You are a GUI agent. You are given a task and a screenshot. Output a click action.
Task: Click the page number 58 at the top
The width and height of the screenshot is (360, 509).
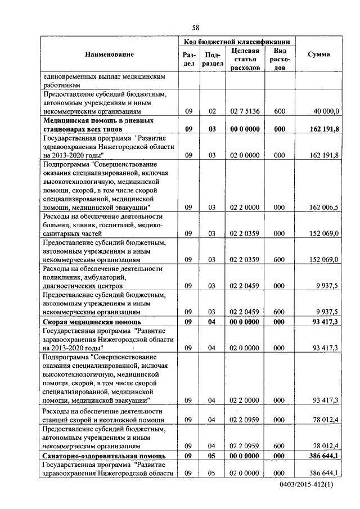click(195, 28)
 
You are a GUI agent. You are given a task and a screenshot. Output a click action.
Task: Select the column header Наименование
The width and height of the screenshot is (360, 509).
click(110, 54)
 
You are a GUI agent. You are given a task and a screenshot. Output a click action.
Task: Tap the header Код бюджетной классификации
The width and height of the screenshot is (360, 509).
click(237, 42)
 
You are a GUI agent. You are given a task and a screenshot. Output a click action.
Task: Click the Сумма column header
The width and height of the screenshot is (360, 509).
click(318, 54)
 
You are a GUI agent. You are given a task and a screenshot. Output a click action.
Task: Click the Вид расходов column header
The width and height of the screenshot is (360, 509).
click(280, 59)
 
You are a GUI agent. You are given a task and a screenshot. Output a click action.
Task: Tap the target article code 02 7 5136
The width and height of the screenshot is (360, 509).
click(245, 111)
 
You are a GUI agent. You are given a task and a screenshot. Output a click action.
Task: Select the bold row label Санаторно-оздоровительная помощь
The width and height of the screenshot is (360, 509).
click(103, 454)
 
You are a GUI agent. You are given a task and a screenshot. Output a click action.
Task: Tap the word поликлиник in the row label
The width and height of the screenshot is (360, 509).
click(61, 277)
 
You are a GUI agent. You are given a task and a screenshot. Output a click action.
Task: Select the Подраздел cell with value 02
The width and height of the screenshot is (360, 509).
click(212, 111)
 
